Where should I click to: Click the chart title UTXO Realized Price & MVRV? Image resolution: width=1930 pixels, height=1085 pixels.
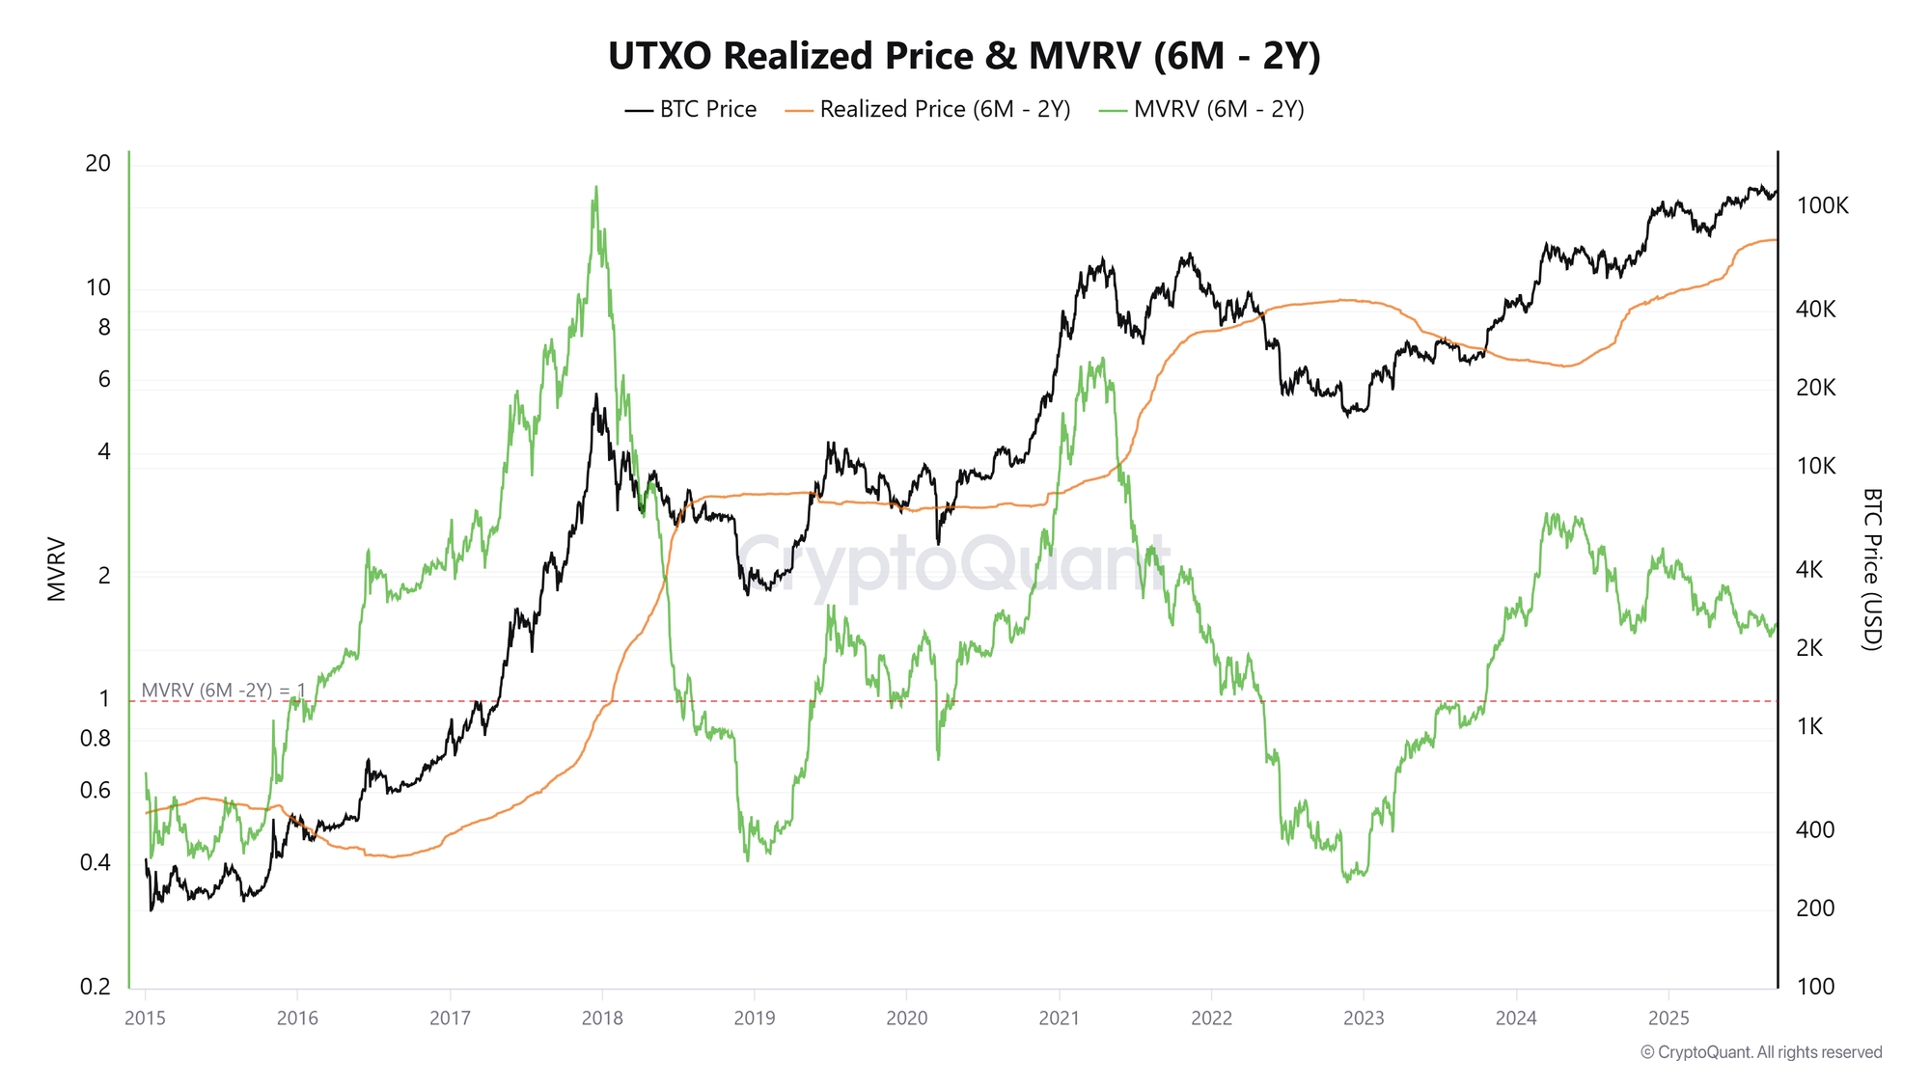click(963, 56)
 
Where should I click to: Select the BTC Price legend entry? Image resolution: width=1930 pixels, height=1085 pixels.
click(691, 110)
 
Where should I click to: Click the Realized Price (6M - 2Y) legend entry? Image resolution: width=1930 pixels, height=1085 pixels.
click(927, 110)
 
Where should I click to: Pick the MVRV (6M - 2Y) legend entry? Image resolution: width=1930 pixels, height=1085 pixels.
click(1201, 110)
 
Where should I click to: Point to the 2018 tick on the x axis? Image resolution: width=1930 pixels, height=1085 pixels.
click(602, 1017)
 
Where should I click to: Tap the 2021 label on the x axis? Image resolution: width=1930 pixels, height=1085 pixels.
click(1059, 1017)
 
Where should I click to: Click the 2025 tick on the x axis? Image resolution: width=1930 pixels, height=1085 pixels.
click(1668, 1017)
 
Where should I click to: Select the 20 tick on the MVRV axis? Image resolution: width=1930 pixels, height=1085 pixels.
click(98, 163)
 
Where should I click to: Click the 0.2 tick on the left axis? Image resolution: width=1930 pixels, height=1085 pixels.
click(95, 987)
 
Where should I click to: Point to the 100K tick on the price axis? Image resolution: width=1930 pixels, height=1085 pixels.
click(1822, 205)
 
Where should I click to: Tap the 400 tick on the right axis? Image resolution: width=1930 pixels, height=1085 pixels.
click(1814, 829)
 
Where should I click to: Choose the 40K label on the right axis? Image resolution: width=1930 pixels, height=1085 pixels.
click(1815, 310)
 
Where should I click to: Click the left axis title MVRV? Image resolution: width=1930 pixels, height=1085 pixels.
click(57, 569)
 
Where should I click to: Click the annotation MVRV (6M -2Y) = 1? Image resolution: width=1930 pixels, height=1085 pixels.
click(223, 690)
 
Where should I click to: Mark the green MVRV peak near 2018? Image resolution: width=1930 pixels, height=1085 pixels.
click(595, 188)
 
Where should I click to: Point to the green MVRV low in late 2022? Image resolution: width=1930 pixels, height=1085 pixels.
click(1347, 880)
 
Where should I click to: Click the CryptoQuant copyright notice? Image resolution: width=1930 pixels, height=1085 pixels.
click(1760, 1052)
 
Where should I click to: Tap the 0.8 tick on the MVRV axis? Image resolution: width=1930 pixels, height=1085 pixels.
click(95, 739)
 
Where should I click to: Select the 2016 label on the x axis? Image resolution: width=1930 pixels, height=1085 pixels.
click(297, 1017)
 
